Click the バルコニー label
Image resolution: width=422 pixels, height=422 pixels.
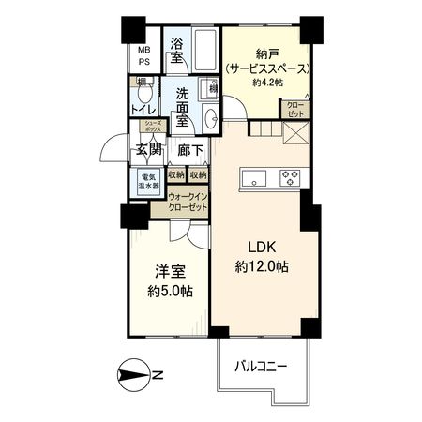[260, 365]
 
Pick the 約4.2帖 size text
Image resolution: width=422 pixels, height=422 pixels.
[267, 83]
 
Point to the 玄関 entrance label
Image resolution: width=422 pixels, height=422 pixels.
[148, 150]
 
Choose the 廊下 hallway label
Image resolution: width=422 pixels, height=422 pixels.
[190, 150]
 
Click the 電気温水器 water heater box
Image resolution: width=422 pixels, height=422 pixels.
[149, 181]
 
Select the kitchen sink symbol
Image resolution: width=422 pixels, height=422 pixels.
[255, 177]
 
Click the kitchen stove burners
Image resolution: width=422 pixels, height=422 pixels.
[289, 176]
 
